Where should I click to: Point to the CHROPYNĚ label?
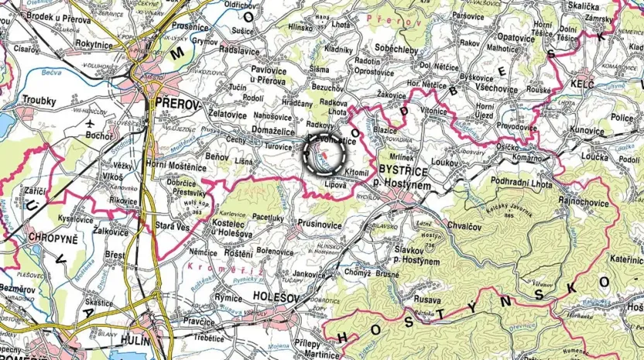click(53, 238)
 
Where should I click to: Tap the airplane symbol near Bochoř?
click(90, 123)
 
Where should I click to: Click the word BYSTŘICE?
click(402, 167)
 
